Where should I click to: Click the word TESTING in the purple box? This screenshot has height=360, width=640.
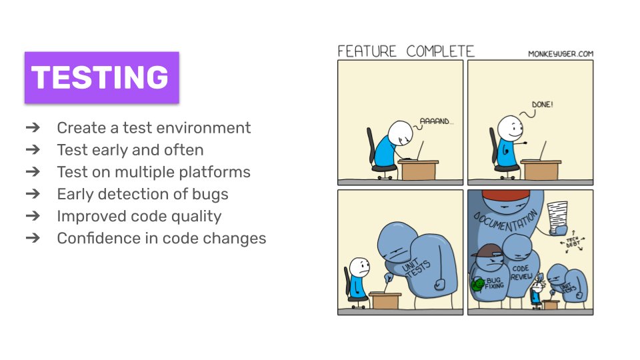101,77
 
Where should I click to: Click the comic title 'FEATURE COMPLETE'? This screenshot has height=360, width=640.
406,51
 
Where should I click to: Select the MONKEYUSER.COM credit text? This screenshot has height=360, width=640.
560,54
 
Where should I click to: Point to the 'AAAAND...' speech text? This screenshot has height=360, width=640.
437,122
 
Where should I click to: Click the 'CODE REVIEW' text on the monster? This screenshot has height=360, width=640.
521,273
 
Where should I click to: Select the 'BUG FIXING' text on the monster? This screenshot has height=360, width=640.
494,286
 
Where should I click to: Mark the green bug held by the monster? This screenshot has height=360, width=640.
477,285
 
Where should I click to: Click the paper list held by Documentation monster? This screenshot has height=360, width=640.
557,216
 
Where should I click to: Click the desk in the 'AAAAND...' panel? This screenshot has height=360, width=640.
418,170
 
